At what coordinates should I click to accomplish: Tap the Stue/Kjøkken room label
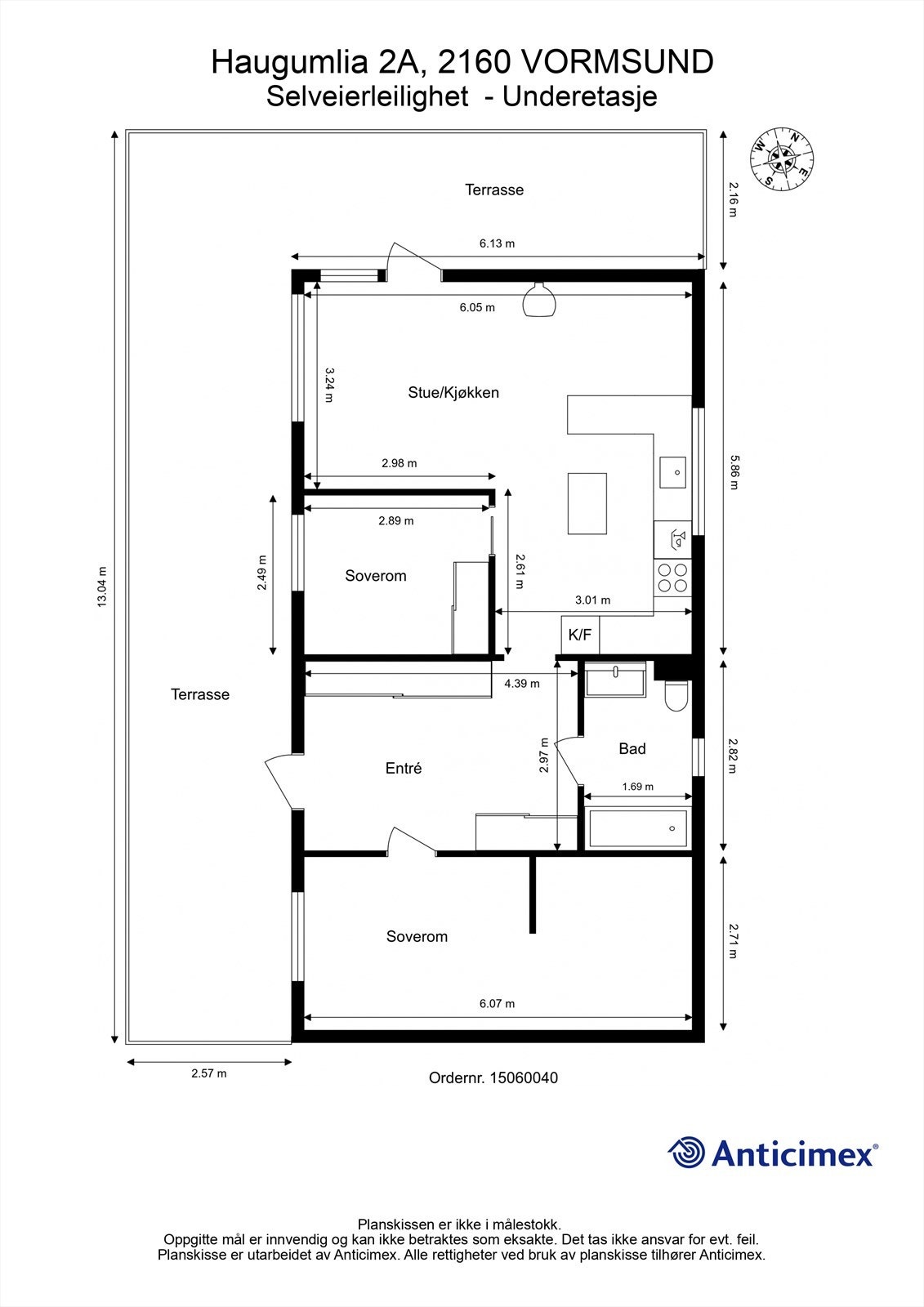click(453, 393)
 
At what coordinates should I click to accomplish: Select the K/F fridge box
click(580, 635)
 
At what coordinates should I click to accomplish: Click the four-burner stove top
click(672, 578)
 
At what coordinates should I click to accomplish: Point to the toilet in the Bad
click(676, 696)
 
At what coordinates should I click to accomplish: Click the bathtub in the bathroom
click(637, 828)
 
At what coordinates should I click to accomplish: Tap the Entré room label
click(404, 769)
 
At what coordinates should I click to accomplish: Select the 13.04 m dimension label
click(102, 587)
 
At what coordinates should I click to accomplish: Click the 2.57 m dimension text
click(209, 1073)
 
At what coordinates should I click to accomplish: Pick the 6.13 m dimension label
click(498, 243)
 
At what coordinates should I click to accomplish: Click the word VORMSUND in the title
click(616, 62)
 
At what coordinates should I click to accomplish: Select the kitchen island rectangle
click(587, 503)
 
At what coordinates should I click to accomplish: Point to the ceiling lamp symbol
click(538, 300)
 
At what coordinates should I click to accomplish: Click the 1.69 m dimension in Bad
click(638, 787)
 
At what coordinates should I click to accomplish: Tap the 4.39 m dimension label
click(522, 683)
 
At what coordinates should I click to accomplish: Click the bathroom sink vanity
click(615, 679)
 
